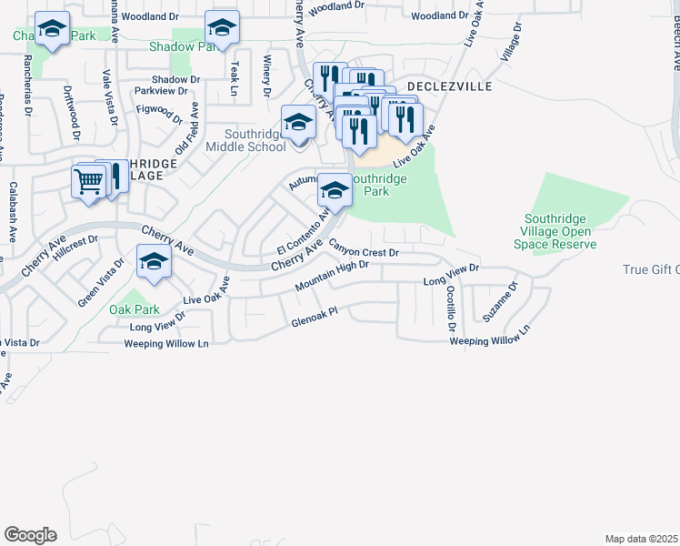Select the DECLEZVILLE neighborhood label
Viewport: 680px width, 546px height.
(449, 86)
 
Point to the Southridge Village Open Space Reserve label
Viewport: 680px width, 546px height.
(560, 231)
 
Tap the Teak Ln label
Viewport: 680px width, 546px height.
(234, 79)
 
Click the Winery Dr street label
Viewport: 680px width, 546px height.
(267, 76)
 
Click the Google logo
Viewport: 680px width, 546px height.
(30, 535)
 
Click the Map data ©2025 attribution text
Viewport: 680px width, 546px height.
(641, 539)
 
